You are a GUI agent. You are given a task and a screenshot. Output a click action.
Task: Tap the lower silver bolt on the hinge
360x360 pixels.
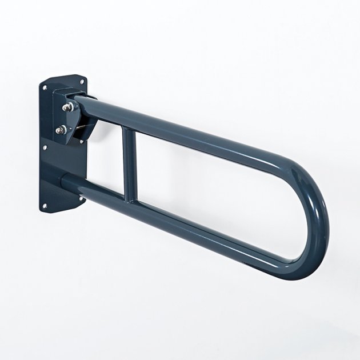click(x=61, y=130)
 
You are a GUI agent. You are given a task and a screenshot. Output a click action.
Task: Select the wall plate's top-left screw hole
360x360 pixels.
click(x=44, y=87)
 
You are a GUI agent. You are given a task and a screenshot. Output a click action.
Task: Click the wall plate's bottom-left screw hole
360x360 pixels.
click(x=45, y=206)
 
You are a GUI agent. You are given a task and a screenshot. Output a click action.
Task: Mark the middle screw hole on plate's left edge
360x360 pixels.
click(x=45, y=147)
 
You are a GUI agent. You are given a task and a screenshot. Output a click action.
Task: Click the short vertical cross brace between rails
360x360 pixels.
click(x=129, y=165)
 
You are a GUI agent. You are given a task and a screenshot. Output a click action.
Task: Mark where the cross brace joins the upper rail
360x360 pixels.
click(x=129, y=131)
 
